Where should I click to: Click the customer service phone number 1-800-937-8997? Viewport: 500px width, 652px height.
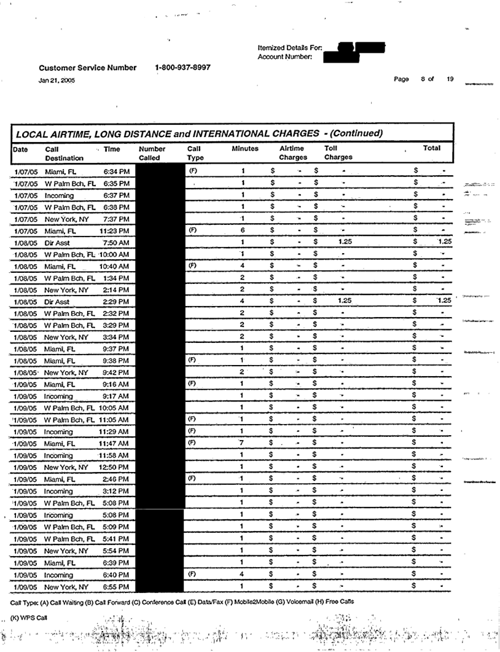(183, 68)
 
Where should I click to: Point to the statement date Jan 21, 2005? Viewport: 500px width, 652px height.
(57, 80)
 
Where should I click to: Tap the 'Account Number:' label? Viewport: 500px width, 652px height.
(286, 57)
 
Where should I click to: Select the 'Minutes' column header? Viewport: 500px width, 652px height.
(245, 149)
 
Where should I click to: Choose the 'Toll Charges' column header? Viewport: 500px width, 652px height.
(338, 153)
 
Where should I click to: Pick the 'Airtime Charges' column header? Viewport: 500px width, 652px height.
(292, 153)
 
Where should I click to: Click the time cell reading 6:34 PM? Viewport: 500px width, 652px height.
(116, 171)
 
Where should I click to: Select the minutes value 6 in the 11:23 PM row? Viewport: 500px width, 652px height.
(243, 230)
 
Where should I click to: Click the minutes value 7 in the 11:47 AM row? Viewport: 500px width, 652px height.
(243, 443)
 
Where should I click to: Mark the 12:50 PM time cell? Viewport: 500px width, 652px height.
(114, 467)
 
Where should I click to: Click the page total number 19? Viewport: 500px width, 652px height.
(450, 79)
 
